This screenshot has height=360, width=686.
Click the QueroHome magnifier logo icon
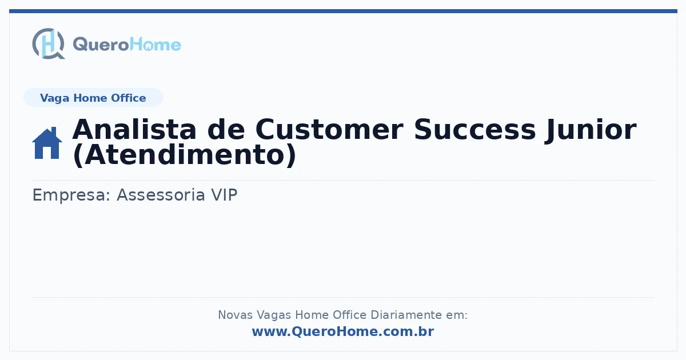click(49, 43)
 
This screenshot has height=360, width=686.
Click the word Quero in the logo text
click(101, 45)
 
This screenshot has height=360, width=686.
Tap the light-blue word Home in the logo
click(155, 45)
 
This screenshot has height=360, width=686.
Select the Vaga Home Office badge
click(93, 98)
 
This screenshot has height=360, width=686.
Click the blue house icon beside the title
click(47, 143)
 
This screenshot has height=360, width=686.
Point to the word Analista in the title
click(134, 130)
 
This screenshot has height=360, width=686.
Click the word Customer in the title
click(329, 130)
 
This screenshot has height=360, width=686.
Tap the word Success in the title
click(474, 130)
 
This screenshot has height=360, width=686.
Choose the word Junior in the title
click(591, 130)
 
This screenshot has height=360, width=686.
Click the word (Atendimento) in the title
click(185, 155)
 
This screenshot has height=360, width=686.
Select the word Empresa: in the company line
click(71, 195)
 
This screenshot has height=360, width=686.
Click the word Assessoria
click(161, 195)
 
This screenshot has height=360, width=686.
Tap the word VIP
click(224, 195)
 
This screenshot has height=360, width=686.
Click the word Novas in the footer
click(235, 315)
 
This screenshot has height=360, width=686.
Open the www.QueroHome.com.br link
click(343, 331)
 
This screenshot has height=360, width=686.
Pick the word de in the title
click(226, 130)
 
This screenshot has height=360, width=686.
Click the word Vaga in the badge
click(54, 98)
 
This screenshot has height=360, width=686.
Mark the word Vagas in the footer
click(274, 315)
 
